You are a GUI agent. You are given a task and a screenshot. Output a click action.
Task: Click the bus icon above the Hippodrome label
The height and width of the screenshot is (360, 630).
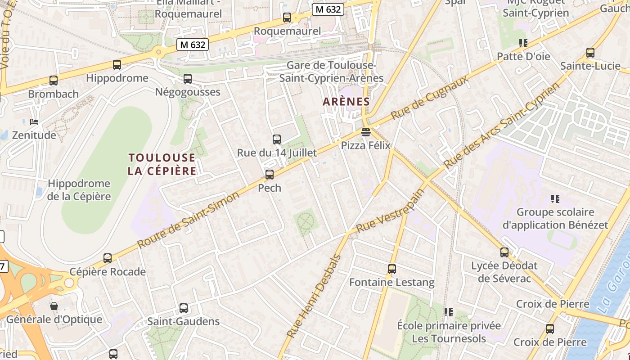[117, 65]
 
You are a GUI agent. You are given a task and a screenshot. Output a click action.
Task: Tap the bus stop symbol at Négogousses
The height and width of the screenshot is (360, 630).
[188, 79]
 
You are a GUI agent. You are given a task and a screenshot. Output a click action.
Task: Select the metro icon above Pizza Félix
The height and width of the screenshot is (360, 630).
[365, 132]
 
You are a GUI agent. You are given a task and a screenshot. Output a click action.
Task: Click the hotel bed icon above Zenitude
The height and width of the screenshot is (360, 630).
[34, 121]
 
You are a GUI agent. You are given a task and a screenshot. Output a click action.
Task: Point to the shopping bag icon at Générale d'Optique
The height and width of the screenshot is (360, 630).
[54, 306]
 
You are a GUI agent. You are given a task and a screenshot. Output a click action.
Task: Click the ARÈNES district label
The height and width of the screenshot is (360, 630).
[346, 102]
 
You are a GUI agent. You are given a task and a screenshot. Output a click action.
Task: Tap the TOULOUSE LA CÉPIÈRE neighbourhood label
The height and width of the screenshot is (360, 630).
[162, 164]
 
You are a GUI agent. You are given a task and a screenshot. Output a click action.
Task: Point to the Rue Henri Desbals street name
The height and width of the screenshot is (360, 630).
[314, 297]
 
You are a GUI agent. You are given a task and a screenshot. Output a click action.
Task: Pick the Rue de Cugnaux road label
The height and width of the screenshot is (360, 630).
[429, 98]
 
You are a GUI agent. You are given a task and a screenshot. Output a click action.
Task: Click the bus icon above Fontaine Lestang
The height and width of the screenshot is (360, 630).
[392, 269]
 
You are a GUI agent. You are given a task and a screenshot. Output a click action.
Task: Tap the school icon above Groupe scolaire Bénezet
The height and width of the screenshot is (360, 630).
[555, 198]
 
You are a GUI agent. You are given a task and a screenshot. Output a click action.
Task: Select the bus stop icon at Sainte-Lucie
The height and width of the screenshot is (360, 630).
[590, 53]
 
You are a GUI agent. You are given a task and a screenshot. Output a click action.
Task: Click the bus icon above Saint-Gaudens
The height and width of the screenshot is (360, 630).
[184, 308]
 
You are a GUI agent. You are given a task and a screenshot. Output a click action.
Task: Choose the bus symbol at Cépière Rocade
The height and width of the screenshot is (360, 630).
[108, 258]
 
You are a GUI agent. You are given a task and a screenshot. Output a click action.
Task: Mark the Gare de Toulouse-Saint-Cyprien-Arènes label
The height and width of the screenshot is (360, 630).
[331, 72]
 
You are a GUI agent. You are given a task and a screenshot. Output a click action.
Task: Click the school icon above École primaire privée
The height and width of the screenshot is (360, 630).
[449, 312]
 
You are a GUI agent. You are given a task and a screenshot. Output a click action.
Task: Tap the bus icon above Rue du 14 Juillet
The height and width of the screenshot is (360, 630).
[277, 139]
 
